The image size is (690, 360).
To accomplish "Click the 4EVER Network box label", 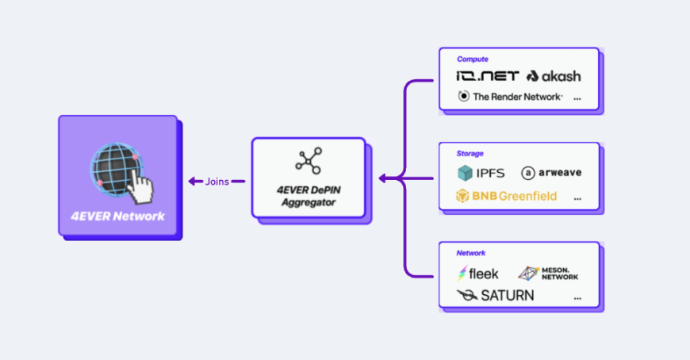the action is coord(118,216).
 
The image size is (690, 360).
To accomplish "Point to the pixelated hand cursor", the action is coord(140,186).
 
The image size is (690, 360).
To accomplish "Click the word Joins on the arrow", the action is coord(217,182).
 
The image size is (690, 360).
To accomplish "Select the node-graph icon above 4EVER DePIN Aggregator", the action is coord(309,161).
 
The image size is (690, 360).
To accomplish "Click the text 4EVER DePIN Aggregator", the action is coord(309,197).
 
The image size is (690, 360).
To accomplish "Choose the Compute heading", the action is coord(472,59).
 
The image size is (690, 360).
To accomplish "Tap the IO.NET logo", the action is coord(488,76).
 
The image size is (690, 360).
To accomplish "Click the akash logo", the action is coord(554,76).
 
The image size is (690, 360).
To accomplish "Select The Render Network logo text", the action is coord(511,97).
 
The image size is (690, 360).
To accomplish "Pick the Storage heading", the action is coord(470,154).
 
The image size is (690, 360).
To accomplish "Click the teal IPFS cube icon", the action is coord(465,173).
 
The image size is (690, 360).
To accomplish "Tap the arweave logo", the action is coord(551,173).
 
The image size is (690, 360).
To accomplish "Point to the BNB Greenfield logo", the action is coord(506,196).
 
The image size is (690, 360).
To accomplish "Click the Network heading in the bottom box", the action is coord(471,253).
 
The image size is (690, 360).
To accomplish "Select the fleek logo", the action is coord(478,274).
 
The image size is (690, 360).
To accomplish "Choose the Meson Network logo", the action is coord(548,274).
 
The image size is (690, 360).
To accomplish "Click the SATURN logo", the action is coord(496,295).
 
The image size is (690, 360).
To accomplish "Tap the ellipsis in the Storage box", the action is coord(577,199).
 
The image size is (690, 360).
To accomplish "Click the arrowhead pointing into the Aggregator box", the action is coord(382,178).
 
